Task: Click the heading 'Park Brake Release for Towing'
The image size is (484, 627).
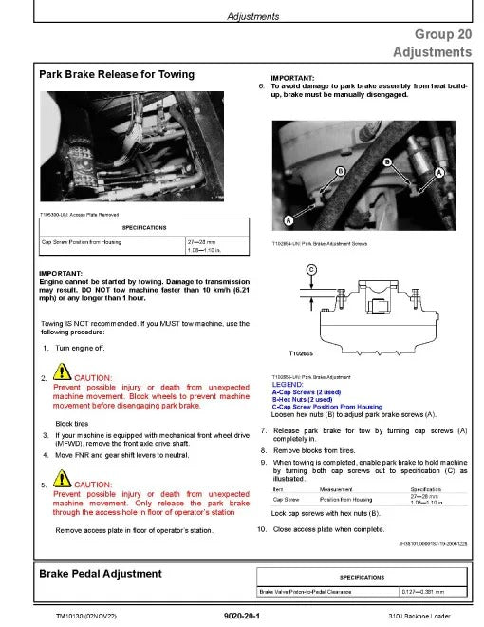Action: [116, 74]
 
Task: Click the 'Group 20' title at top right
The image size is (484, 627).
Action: [442, 33]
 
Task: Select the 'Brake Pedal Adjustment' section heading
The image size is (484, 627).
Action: [100, 574]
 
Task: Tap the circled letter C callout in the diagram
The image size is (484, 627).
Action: [310, 269]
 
